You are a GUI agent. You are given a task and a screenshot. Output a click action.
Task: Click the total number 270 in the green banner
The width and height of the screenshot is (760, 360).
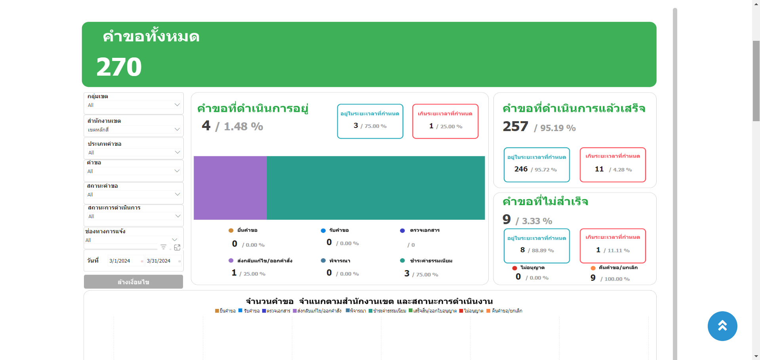click(x=119, y=67)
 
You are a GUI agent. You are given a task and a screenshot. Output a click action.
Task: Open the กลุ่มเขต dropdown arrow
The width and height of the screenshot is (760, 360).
click(x=177, y=105)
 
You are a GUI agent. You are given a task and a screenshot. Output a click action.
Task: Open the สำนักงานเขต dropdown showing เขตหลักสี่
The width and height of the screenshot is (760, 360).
click(x=177, y=130)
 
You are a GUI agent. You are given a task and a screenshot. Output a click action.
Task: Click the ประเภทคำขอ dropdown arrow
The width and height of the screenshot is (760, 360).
click(x=177, y=152)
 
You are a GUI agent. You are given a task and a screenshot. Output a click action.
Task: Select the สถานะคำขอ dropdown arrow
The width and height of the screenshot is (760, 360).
click(x=177, y=194)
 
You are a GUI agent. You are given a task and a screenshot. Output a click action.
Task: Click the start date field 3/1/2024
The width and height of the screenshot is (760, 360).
click(x=120, y=261)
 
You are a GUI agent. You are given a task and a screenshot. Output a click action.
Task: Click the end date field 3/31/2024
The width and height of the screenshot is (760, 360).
click(x=158, y=261)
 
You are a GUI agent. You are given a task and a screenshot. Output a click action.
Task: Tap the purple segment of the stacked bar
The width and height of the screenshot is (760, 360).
click(x=230, y=188)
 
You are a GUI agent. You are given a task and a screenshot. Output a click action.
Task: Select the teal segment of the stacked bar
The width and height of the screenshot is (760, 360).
click(x=375, y=188)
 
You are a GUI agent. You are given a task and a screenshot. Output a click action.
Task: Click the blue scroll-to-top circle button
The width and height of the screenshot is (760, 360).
click(x=722, y=326)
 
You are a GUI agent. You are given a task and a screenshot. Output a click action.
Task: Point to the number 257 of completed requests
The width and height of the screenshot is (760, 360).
click(x=515, y=127)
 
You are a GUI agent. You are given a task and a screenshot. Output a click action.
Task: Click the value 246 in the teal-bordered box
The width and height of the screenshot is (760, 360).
click(x=521, y=169)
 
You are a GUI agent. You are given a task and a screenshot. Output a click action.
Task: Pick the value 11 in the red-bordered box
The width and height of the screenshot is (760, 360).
click(x=599, y=169)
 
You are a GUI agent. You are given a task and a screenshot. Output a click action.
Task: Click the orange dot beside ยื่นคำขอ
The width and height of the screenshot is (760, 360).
click(x=231, y=230)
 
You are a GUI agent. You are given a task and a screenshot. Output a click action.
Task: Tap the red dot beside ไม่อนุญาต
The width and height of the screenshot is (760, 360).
click(x=514, y=268)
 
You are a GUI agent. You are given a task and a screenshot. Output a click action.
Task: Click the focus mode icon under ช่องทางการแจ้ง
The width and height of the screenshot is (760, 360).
click(x=177, y=248)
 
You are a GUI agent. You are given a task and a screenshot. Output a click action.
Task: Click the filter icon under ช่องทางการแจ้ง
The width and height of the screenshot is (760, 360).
click(x=163, y=247)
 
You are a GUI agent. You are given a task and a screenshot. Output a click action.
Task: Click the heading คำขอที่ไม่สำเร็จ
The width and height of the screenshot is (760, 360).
click(x=545, y=202)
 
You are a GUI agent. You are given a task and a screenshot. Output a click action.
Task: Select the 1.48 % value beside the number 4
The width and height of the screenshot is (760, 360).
click(x=243, y=127)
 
